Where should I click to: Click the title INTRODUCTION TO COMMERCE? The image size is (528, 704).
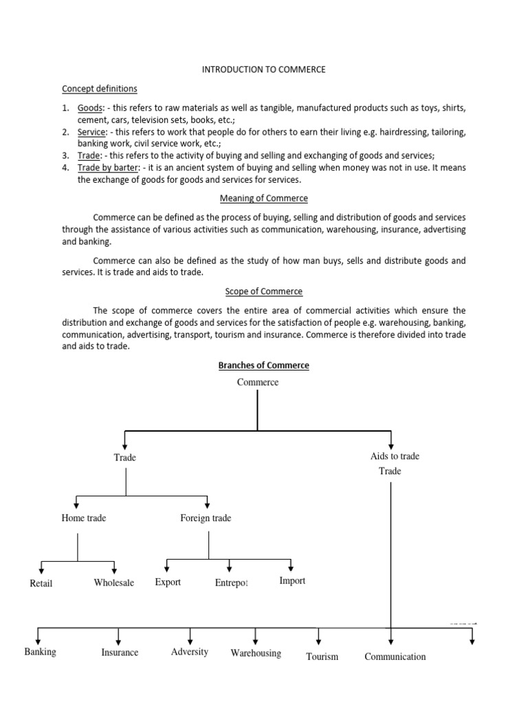tap(263, 69)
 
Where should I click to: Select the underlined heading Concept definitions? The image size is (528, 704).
tap(99, 89)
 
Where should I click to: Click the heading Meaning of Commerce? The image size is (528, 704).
tap(263, 199)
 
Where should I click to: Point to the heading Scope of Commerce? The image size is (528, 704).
tap(263, 291)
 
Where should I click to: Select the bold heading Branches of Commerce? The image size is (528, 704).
tap(263, 366)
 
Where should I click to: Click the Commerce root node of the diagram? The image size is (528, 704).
tap(258, 382)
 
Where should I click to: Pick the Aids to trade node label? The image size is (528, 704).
tap(394, 456)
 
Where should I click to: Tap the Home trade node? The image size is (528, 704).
tap(83, 518)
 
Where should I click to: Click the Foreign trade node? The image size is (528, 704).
tap(206, 518)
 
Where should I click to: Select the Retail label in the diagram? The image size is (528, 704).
tap(41, 584)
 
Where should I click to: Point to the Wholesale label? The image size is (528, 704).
tap(113, 583)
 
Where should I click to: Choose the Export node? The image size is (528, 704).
tap(168, 582)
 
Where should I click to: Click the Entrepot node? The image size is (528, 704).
tap(231, 584)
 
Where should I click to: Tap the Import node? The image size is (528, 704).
tap(292, 581)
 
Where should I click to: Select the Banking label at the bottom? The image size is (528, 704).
tap(40, 652)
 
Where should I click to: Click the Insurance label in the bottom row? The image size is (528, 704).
tap(120, 652)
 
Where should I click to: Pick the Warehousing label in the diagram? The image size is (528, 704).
tap(256, 653)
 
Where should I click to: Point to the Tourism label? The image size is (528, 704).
tap(322, 657)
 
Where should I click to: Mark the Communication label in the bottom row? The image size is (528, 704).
tap(395, 657)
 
